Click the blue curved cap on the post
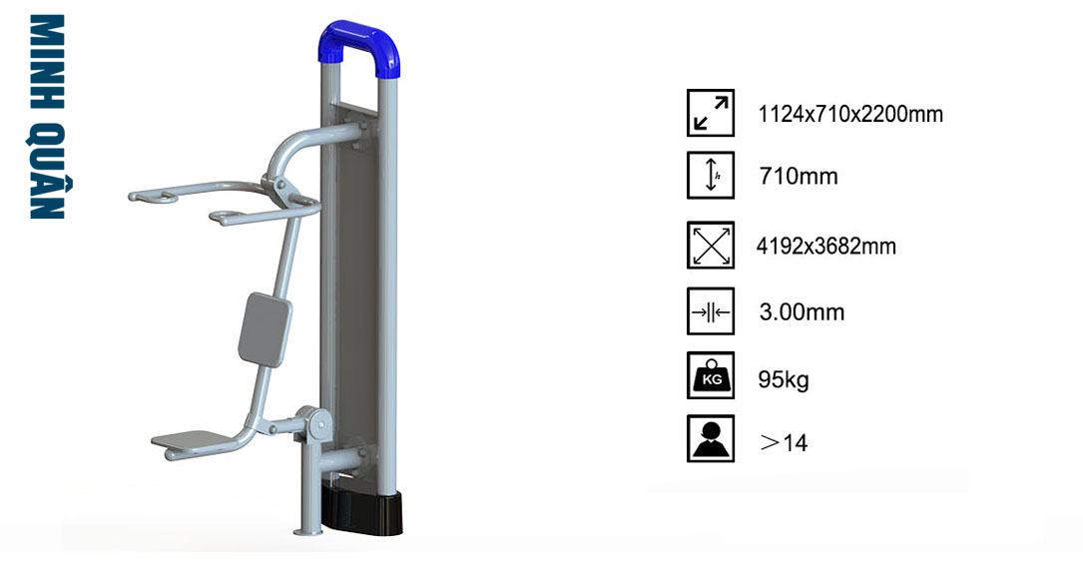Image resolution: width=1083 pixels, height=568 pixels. coord(359,42)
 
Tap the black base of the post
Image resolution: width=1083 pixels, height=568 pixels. coord(362,510)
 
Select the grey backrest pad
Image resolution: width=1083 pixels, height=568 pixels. coord(265,328)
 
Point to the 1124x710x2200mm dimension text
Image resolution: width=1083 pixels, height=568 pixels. coord(850,114)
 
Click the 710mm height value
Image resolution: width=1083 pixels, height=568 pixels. coord(799,177)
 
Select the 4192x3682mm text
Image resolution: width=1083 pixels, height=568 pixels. coord(826,246)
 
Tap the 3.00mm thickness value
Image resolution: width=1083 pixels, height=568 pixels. coord(802,311)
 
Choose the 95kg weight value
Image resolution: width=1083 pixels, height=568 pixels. coord(784,379)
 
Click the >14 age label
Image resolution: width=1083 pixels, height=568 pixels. coord(784,442)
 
